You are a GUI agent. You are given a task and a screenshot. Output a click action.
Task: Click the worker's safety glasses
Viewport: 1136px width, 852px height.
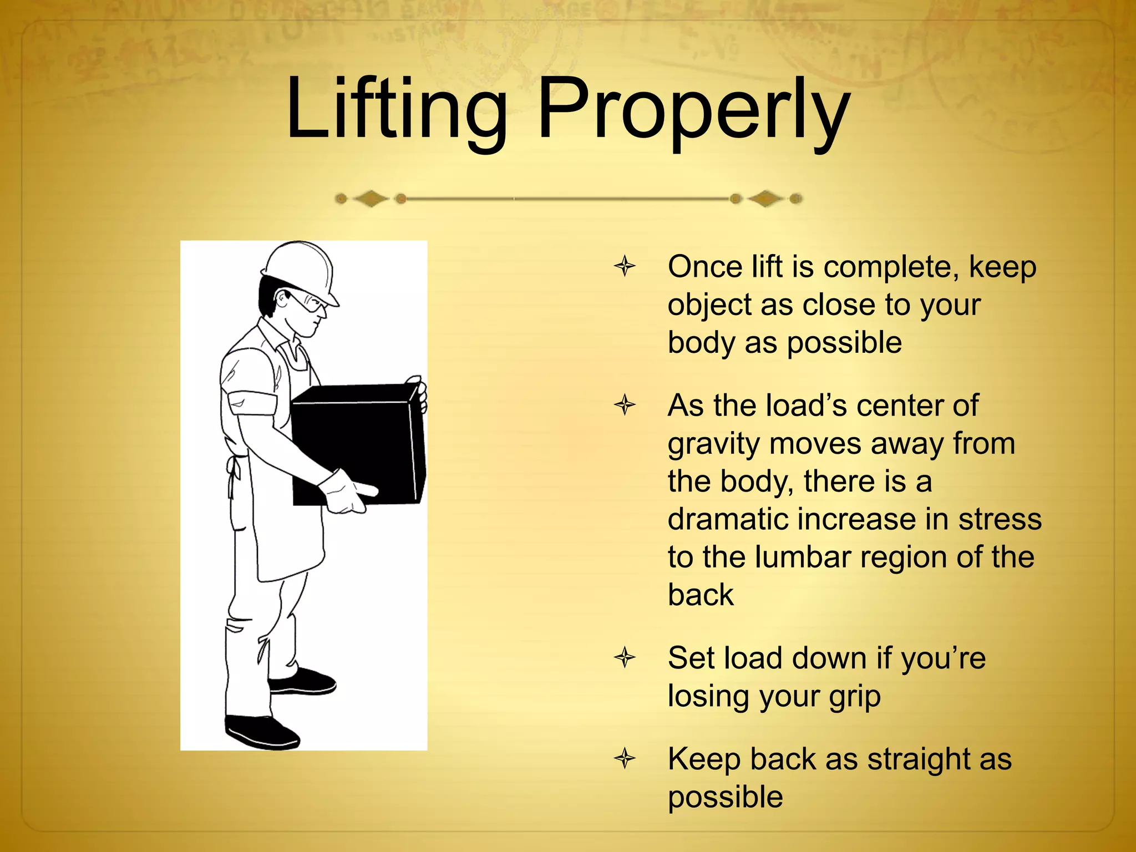click(x=308, y=302)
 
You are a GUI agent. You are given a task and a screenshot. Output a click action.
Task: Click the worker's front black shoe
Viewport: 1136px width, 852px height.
click(x=302, y=682)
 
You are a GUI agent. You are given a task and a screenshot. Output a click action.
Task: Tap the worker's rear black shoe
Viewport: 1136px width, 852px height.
click(x=261, y=732)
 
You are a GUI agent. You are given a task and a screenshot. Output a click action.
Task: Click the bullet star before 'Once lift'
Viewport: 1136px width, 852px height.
click(x=625, y=266)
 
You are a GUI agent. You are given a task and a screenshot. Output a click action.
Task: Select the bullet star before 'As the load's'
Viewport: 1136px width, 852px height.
click(x=625, y=405)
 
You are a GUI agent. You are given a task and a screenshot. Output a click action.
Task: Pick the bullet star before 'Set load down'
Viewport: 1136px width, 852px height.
click(x=625, y=658)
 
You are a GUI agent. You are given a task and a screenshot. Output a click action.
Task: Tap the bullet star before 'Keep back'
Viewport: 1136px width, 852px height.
click(x=625, y=758)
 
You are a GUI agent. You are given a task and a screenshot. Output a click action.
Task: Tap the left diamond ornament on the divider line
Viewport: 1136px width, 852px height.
click(x=371, y=198)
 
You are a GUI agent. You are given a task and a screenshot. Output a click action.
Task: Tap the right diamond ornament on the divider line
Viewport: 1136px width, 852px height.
click(x=766, y=198)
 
